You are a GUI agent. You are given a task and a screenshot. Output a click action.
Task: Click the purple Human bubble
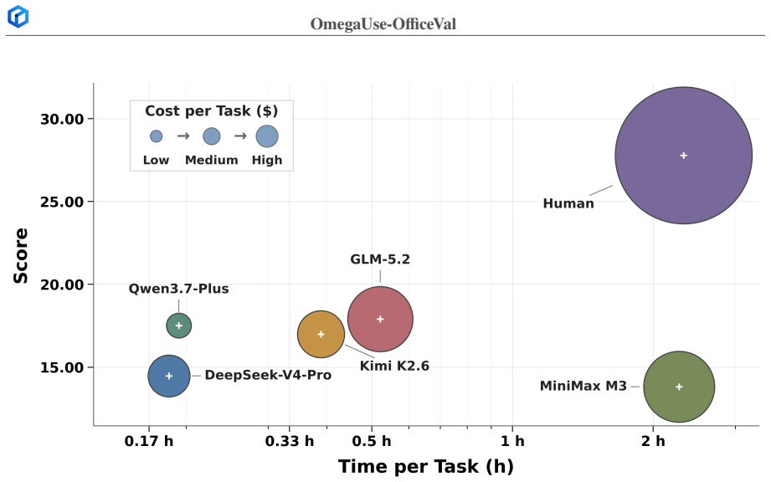683,156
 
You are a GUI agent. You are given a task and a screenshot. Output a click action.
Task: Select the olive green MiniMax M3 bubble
679,387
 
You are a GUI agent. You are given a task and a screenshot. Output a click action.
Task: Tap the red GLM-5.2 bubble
380,319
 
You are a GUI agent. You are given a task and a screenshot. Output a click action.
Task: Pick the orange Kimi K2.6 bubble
321,334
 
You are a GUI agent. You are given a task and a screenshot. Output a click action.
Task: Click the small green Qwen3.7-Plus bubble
179,326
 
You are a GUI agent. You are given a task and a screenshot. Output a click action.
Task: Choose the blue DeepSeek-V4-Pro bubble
169,376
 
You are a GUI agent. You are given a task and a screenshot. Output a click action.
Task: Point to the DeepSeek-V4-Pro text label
268,376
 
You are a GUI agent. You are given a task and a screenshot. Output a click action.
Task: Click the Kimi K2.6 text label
394,366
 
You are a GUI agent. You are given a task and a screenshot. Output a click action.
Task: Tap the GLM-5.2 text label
380,259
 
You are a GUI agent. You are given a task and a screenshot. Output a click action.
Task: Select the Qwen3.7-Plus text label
179,289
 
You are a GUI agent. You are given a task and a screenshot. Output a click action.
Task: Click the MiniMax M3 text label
583,387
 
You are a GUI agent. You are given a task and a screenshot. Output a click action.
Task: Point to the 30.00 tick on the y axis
63,119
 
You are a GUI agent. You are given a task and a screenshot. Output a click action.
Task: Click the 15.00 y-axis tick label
63,367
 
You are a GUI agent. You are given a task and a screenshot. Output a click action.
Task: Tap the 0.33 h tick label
290,441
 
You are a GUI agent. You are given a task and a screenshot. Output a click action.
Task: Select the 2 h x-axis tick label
653,441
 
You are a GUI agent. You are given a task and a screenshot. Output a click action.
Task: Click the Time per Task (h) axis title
426,466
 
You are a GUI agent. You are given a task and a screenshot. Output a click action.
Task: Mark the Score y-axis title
21,256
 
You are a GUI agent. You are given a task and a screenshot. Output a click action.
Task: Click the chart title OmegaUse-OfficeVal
383,24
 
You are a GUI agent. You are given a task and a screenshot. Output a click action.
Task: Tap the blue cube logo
18,16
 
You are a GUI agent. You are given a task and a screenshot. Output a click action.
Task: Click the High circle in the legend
267,136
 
